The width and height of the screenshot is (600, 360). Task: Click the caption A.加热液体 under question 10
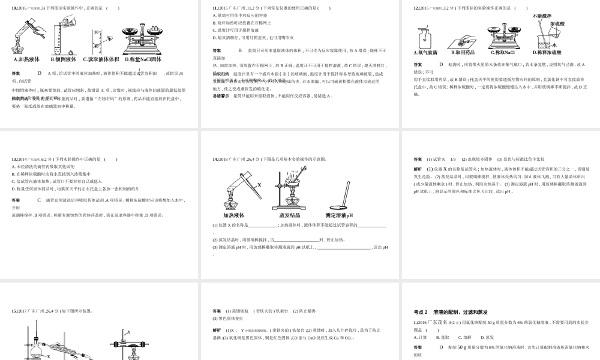click(x=26, y=59)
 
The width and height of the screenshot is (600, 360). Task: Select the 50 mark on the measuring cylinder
click(x=96, y=32)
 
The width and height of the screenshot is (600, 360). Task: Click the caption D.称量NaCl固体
click(x=143, y=59)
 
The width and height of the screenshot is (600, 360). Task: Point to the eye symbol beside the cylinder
click(x=110, y=38)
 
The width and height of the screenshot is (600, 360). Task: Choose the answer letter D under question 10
click(x=39, y=73)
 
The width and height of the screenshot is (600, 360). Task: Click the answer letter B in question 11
click(x=240, y=51)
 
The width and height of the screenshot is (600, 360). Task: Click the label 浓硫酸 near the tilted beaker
click(x=557, y=24)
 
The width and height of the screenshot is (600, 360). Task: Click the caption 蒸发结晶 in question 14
click(x=290, y=215)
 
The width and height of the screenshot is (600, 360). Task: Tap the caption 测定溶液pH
click(x=339, y=215)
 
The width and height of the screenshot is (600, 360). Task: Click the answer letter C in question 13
click(x=39, y=200)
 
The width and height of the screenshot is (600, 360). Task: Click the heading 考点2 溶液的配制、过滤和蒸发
click(x=450, y=312)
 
